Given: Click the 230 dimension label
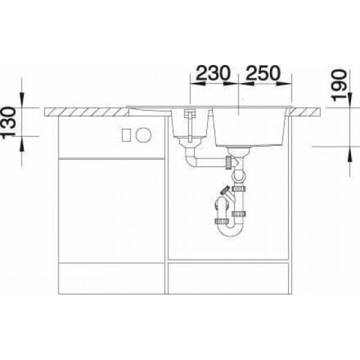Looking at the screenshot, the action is (x=213, y=72).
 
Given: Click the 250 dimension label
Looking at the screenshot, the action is (x=262, y=72).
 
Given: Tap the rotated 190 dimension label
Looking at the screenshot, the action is (x=339, y=85).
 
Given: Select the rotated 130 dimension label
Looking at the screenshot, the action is (x=9, y=122).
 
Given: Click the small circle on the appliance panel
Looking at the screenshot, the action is (x=143, y=135).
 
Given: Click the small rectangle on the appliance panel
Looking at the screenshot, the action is (x=126, y=135).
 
